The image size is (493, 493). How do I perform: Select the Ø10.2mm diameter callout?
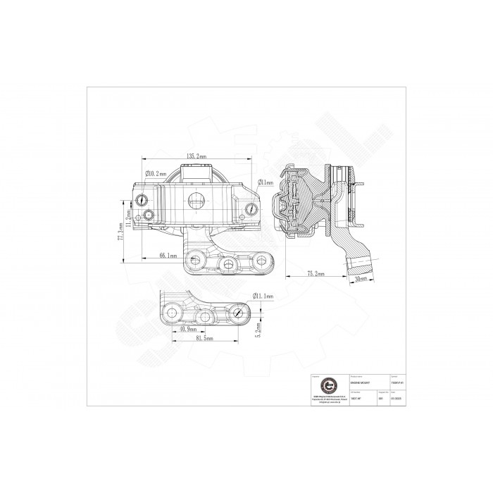pos(160,173)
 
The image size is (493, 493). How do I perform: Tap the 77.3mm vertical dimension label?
pos(120,230)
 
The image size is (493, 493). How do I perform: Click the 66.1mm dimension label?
pos(168,256)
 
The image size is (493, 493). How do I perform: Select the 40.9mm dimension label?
pos(188,330)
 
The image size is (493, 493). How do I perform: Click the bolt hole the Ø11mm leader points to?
pos(253,208)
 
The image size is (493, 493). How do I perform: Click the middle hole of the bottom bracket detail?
pos(205,317)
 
